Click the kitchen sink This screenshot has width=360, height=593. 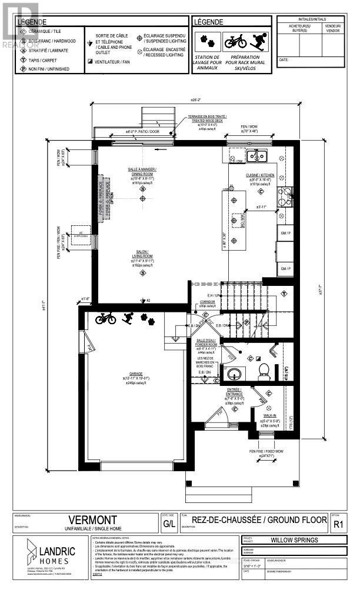(x=257, y=155)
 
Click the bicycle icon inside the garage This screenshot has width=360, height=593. (x=105, y=318)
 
